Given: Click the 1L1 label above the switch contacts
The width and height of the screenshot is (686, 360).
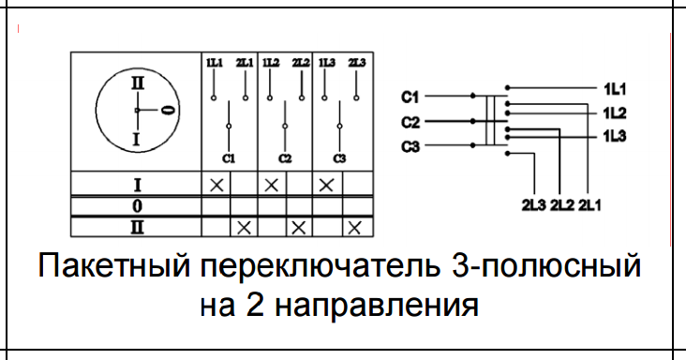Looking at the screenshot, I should coord(214,62).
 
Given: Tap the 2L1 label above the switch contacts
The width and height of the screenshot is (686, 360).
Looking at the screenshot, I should coord(245,62).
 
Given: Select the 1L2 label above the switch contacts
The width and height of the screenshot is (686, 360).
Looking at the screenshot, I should coord(271,62).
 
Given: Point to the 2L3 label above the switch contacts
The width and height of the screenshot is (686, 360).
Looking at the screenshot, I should coord(357,62).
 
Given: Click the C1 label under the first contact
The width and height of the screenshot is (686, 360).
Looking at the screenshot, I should coord(229,157).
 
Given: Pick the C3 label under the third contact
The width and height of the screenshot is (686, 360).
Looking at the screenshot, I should coord(340,157).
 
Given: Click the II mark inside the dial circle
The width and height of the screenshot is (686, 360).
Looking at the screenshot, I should coord(137,82).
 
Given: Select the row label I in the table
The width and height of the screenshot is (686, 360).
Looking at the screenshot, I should coord(136,185).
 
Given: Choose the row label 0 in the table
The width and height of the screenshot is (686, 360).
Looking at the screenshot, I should coord(136,205).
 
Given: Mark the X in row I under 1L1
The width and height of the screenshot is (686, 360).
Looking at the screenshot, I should coord(216,185).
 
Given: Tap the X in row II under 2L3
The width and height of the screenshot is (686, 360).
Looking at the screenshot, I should coord(354,227).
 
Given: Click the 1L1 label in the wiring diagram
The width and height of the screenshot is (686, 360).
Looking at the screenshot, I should coord(615,89).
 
